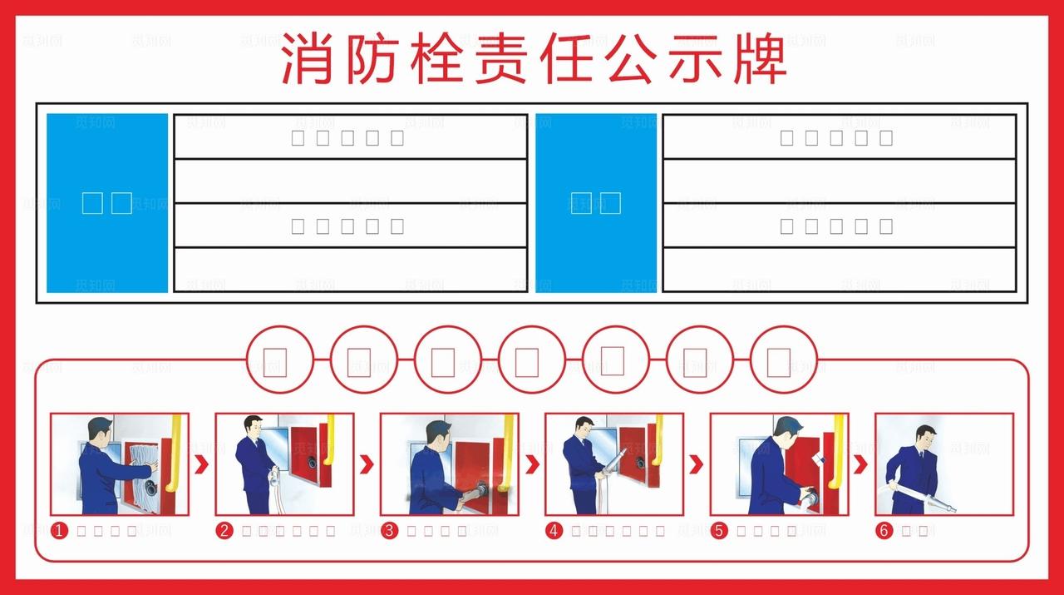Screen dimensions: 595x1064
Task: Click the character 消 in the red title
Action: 304,60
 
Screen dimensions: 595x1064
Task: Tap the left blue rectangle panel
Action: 107,203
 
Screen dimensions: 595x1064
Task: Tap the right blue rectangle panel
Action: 596,203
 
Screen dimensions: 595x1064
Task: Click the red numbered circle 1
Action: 59,531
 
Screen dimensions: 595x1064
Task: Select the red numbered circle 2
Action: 224,531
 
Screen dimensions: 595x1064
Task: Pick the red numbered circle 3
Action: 388,531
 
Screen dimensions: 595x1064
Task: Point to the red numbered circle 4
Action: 553,531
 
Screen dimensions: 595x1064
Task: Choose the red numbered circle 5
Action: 717,531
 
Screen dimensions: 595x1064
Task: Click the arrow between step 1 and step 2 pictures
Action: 201,464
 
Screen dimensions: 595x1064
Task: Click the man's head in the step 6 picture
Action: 924,435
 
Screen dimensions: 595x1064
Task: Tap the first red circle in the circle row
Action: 279,359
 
